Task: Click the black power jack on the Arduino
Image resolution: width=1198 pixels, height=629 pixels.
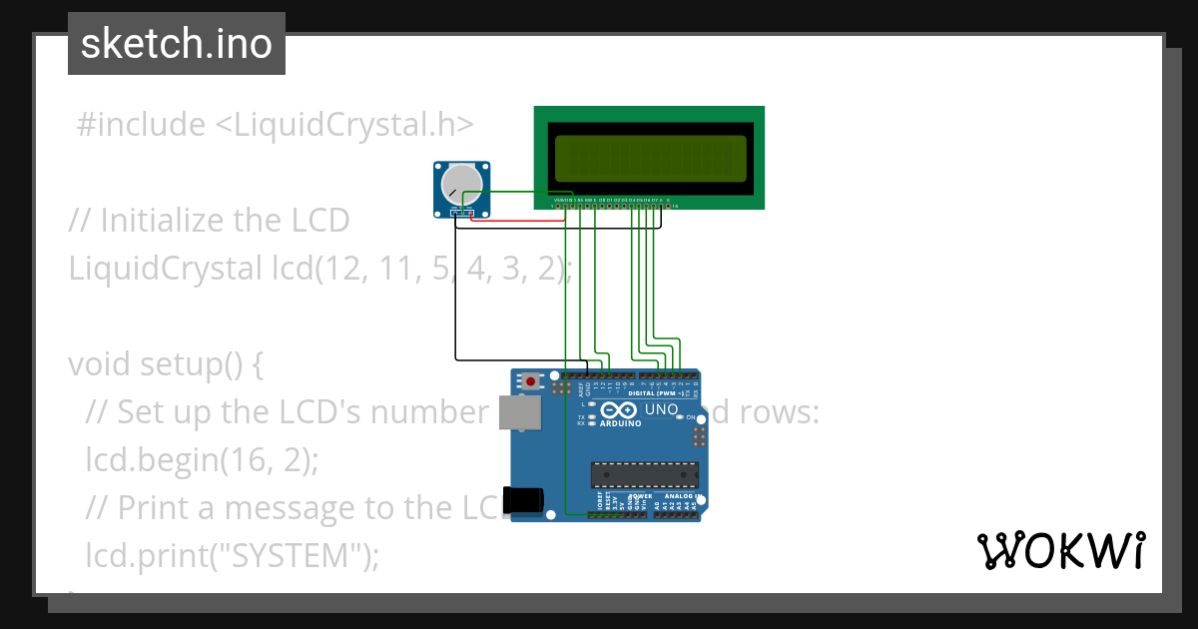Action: click(523, 499)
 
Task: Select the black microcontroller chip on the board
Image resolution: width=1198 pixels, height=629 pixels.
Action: click(641, 476)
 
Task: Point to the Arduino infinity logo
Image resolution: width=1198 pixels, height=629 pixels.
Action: click(618, 410)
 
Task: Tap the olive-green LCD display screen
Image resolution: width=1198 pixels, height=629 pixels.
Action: click(649, 158)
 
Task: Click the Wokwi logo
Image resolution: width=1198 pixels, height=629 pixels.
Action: click(1060, 550)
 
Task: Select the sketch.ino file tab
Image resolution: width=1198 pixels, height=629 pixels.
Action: click(177, 44)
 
